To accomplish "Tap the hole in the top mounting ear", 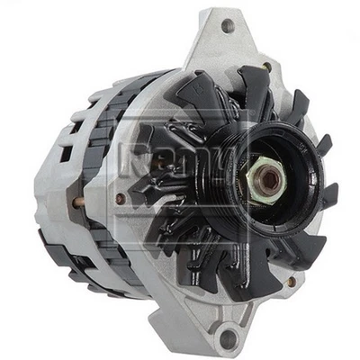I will [227, 25].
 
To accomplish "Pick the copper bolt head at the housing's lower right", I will [291, 281].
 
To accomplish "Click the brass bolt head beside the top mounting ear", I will [266, 67].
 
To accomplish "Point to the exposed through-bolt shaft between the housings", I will [79, 202].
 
